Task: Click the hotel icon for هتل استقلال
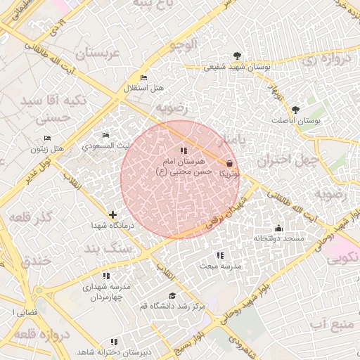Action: [144, 77]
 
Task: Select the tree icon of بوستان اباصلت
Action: [295, 110]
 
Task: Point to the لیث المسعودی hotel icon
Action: [105, 135]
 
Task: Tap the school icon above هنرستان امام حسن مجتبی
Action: [184, 150]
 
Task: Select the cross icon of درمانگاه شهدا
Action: [112, 214]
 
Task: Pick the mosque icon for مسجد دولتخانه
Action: [278, 228]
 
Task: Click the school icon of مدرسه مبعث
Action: [220, 255]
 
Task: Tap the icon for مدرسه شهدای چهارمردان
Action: [106, 276]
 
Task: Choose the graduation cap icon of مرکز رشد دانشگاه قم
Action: [172, 295]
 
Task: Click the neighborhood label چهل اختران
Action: [281, 160]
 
